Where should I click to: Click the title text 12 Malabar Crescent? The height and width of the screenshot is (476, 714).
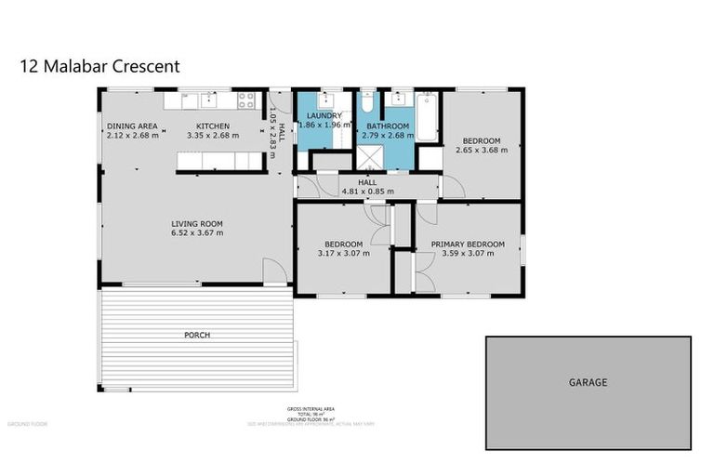99,66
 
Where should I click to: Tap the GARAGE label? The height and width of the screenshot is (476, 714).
588,382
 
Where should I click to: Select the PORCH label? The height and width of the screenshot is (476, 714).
196,335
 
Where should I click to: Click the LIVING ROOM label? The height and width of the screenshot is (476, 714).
196,223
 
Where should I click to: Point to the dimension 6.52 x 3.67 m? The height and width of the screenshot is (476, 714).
196,233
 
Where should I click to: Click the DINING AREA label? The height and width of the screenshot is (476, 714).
131,126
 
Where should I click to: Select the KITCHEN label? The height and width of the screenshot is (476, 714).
212,126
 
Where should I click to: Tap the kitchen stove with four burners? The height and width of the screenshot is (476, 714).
246,99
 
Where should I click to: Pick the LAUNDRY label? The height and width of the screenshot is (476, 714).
324,114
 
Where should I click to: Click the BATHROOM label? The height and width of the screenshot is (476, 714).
387,126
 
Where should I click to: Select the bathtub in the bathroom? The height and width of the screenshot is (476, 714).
426,117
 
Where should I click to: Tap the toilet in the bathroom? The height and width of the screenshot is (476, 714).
367,99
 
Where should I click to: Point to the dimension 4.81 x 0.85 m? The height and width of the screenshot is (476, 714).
367,192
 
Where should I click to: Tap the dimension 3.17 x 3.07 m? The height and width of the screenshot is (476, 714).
343,253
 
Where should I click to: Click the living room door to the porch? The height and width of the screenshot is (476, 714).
274,273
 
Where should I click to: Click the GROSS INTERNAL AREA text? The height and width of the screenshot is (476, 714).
311,409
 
